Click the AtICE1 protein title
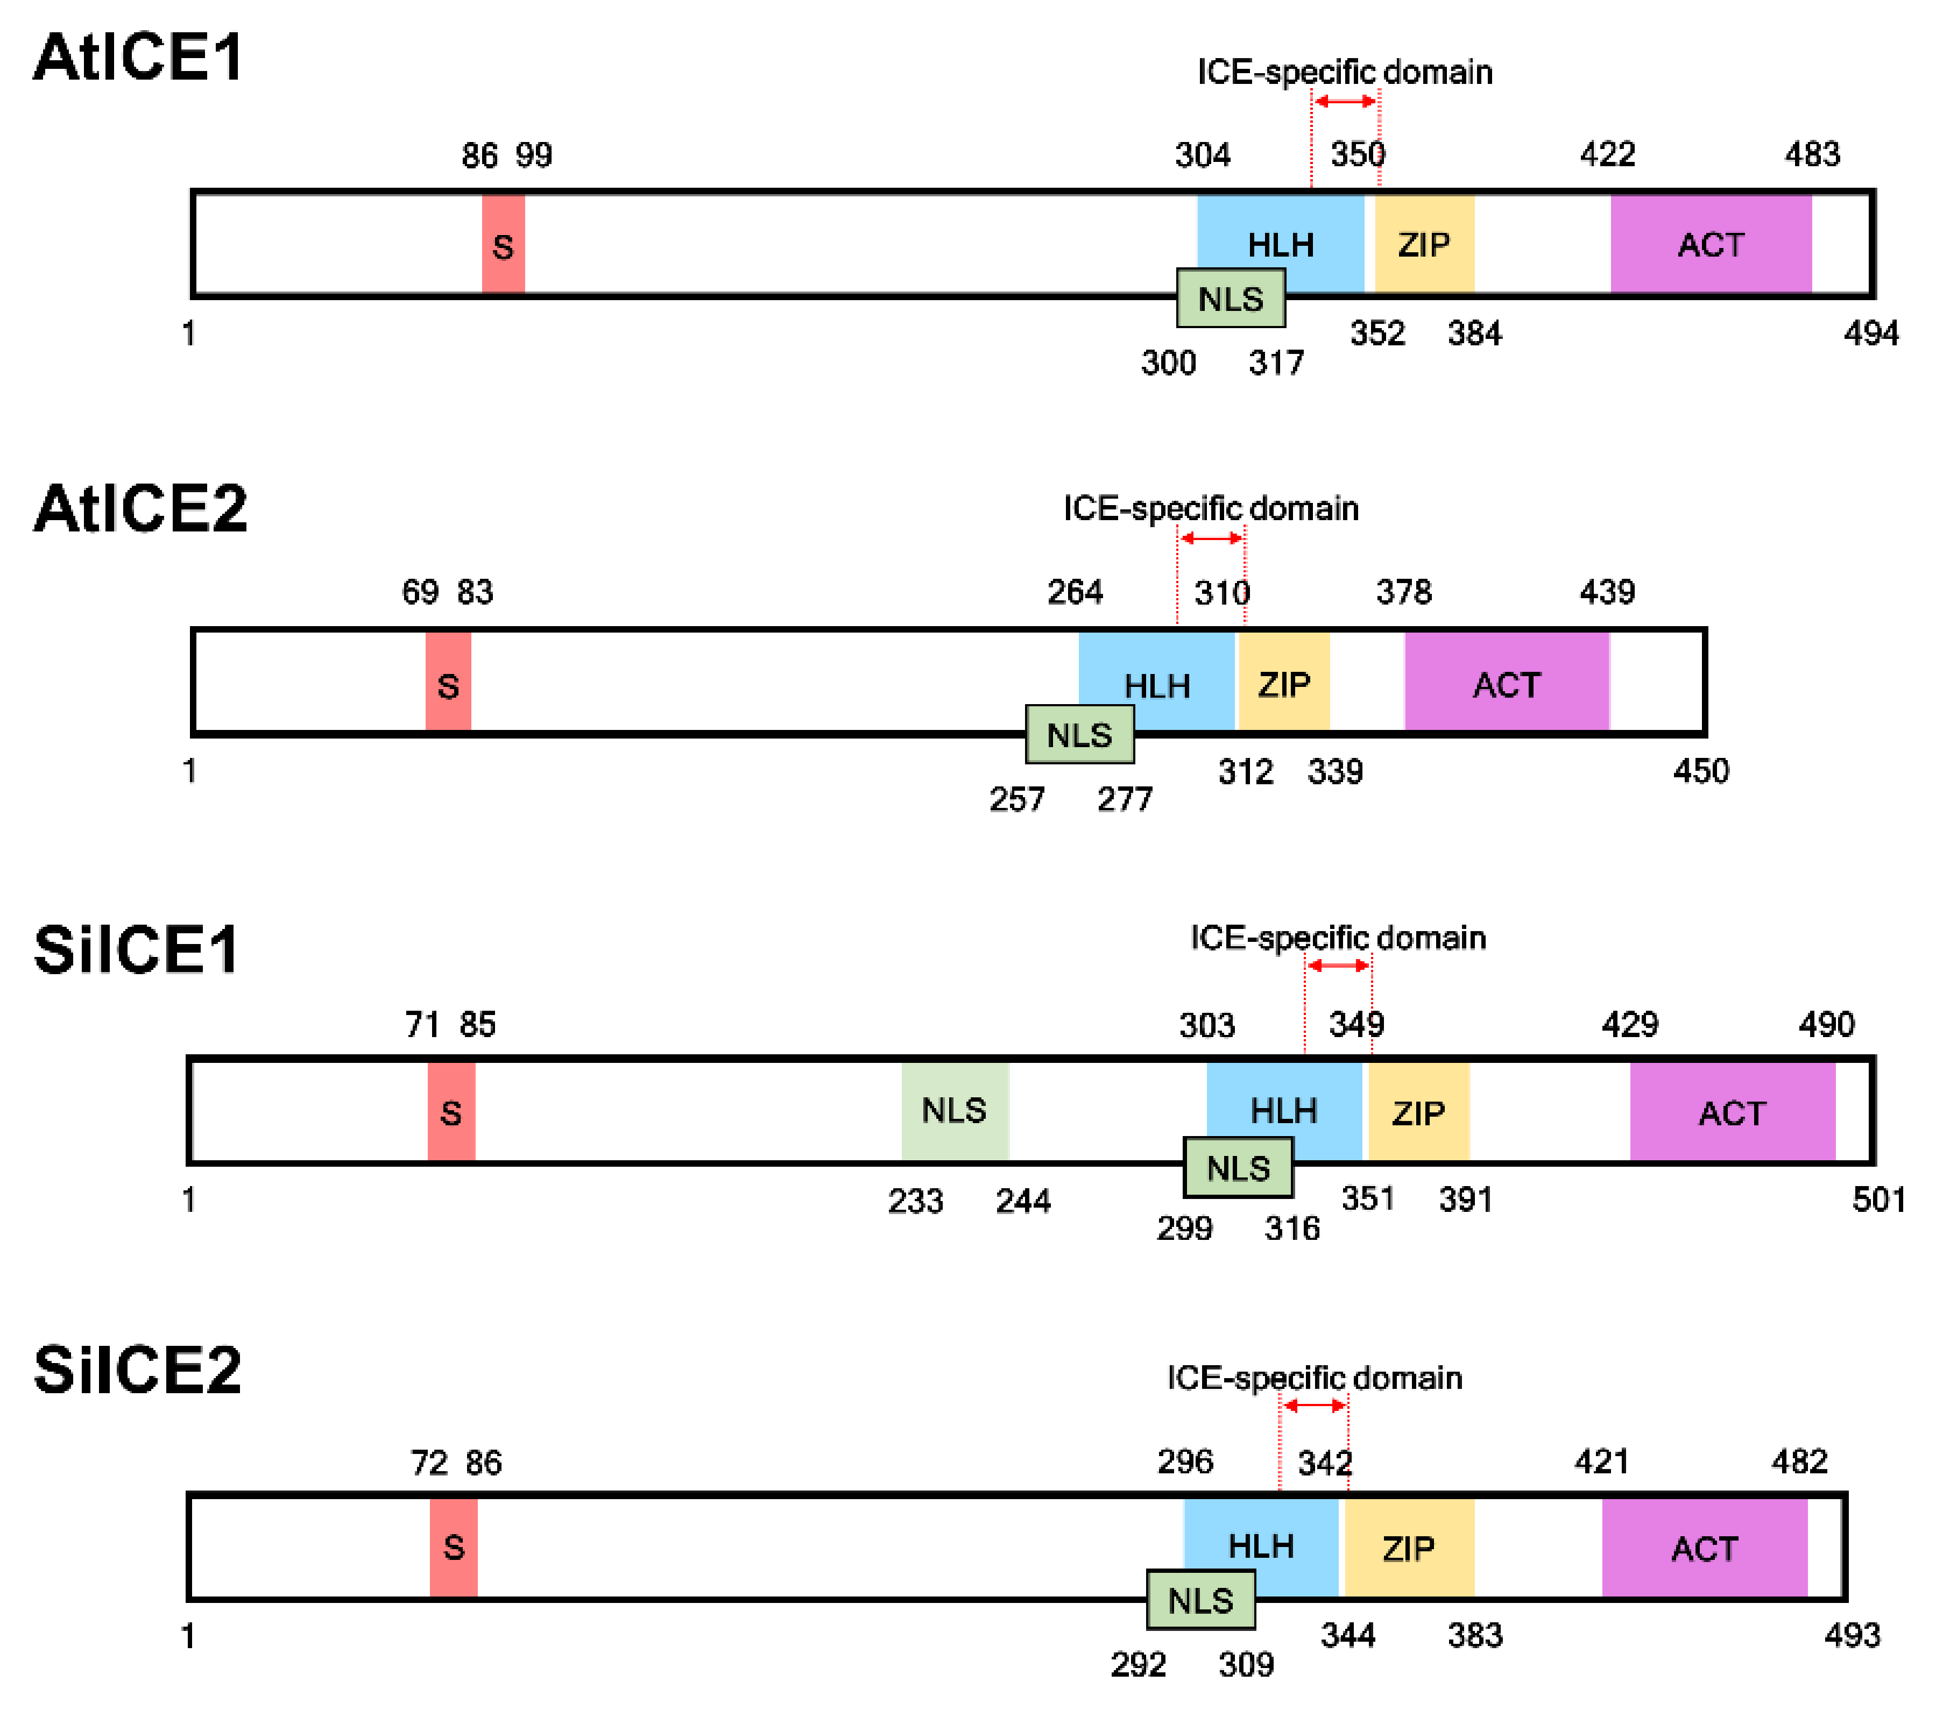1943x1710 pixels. pyautogui.click(x=139, y=57)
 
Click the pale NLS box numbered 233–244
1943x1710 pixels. pyautogui.click(x=955, y=1110)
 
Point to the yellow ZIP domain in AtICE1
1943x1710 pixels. pyautogui.click(x=1424, y=244)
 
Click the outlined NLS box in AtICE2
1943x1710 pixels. pyautogui.click(x=1079, y=735)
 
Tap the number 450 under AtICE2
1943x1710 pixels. pyautogui.click(x=1701, y=771)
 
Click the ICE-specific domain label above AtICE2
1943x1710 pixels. pyautogui.click(x=1210, y=508)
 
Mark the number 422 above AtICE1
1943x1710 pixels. pyautogui.click(x=1607, y=154)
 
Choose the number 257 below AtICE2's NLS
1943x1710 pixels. pyautogui.click(x=1016, y=799)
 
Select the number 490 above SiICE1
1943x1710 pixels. pyautogui.click(x=1826, y=1025)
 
